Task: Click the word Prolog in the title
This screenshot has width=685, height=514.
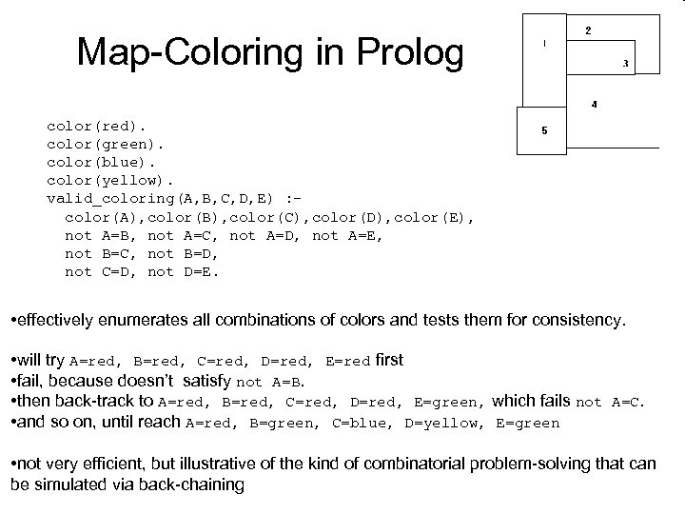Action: pos(407,53)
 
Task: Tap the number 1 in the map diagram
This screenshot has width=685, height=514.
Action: pos(545,43)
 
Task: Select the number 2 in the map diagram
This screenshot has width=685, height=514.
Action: pos(587,30)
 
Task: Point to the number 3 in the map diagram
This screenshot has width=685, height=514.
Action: pos(625,64)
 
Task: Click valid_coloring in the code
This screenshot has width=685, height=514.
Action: pos(106,198)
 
